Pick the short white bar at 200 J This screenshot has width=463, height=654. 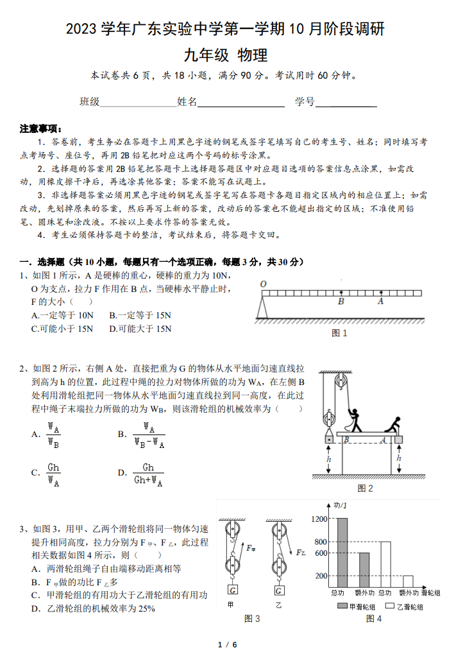pos(407,580)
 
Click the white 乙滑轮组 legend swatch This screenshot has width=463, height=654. pos(389,605)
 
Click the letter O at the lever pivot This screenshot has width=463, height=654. pos(263,284)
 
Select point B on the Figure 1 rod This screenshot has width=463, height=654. pos(341,301)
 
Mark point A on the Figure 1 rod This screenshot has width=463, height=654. pos(381,301)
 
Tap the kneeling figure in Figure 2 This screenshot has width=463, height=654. pos(392,426)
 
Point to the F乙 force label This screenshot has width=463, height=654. pos(300,551)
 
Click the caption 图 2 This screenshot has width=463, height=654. pos(365,488)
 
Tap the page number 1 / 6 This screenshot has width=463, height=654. pos(228,644)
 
